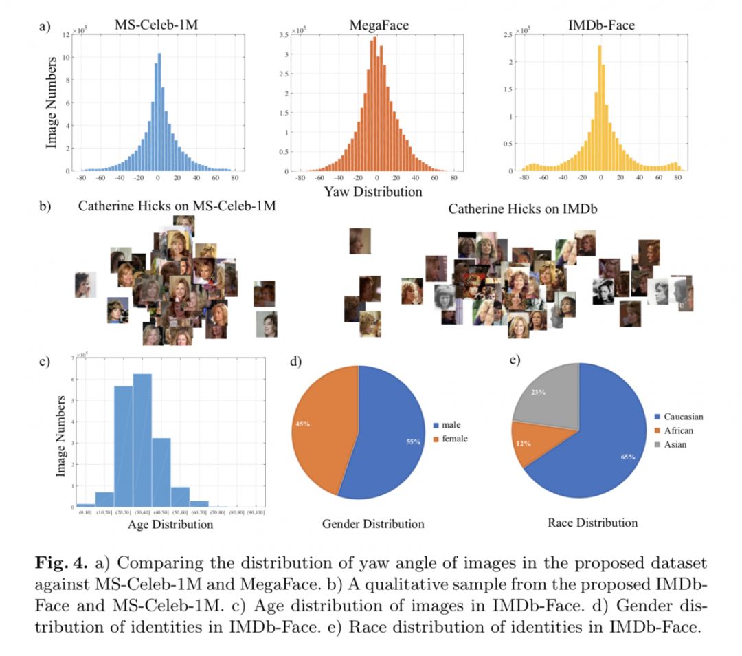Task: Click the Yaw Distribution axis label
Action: [373, 192]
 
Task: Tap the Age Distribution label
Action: [171, 524]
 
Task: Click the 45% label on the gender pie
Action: [302, 423]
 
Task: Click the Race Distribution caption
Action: [592, 523]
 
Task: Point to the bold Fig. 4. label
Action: [60, 563]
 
